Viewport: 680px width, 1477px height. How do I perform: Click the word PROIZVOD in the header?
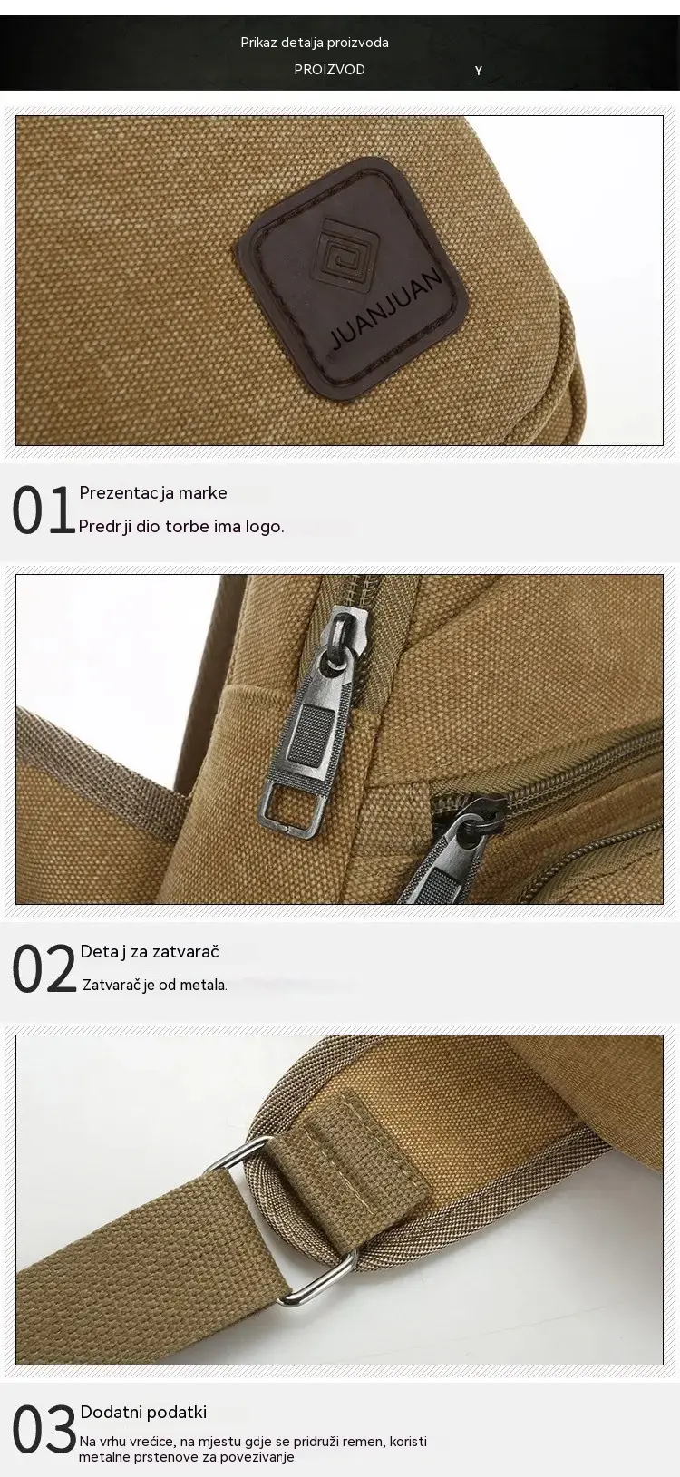pos(329,69)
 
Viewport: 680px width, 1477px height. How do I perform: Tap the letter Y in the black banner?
pos(478,71)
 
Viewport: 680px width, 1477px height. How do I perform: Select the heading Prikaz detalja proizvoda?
pos(315,43)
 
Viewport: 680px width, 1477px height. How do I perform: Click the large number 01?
pos(43,510)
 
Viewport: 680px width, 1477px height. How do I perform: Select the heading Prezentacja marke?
pos(153,492)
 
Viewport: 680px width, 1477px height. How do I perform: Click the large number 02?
pos(44,968)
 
